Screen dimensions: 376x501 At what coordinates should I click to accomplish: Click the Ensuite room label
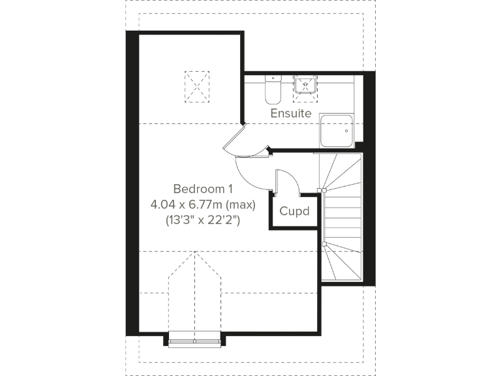[291, 113]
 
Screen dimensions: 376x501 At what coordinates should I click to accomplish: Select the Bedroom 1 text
[203, 189]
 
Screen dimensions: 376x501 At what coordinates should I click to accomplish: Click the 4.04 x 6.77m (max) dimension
[203, 204]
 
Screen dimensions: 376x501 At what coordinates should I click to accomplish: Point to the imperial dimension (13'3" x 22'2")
[203, 221]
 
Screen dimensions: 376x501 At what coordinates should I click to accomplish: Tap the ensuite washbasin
[305, 86]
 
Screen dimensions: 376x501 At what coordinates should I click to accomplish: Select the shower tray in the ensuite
[337, 131]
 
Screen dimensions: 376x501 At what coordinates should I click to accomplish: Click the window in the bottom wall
[194, 339]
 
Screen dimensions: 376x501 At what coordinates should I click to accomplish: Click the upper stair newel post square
[322, 191]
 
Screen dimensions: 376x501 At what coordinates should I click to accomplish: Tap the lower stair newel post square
[322, 243]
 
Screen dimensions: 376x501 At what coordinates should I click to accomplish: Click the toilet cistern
[273, 79]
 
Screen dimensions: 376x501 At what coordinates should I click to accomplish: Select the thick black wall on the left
[132, 183]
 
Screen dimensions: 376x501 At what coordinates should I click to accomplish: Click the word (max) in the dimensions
[238, 204]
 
